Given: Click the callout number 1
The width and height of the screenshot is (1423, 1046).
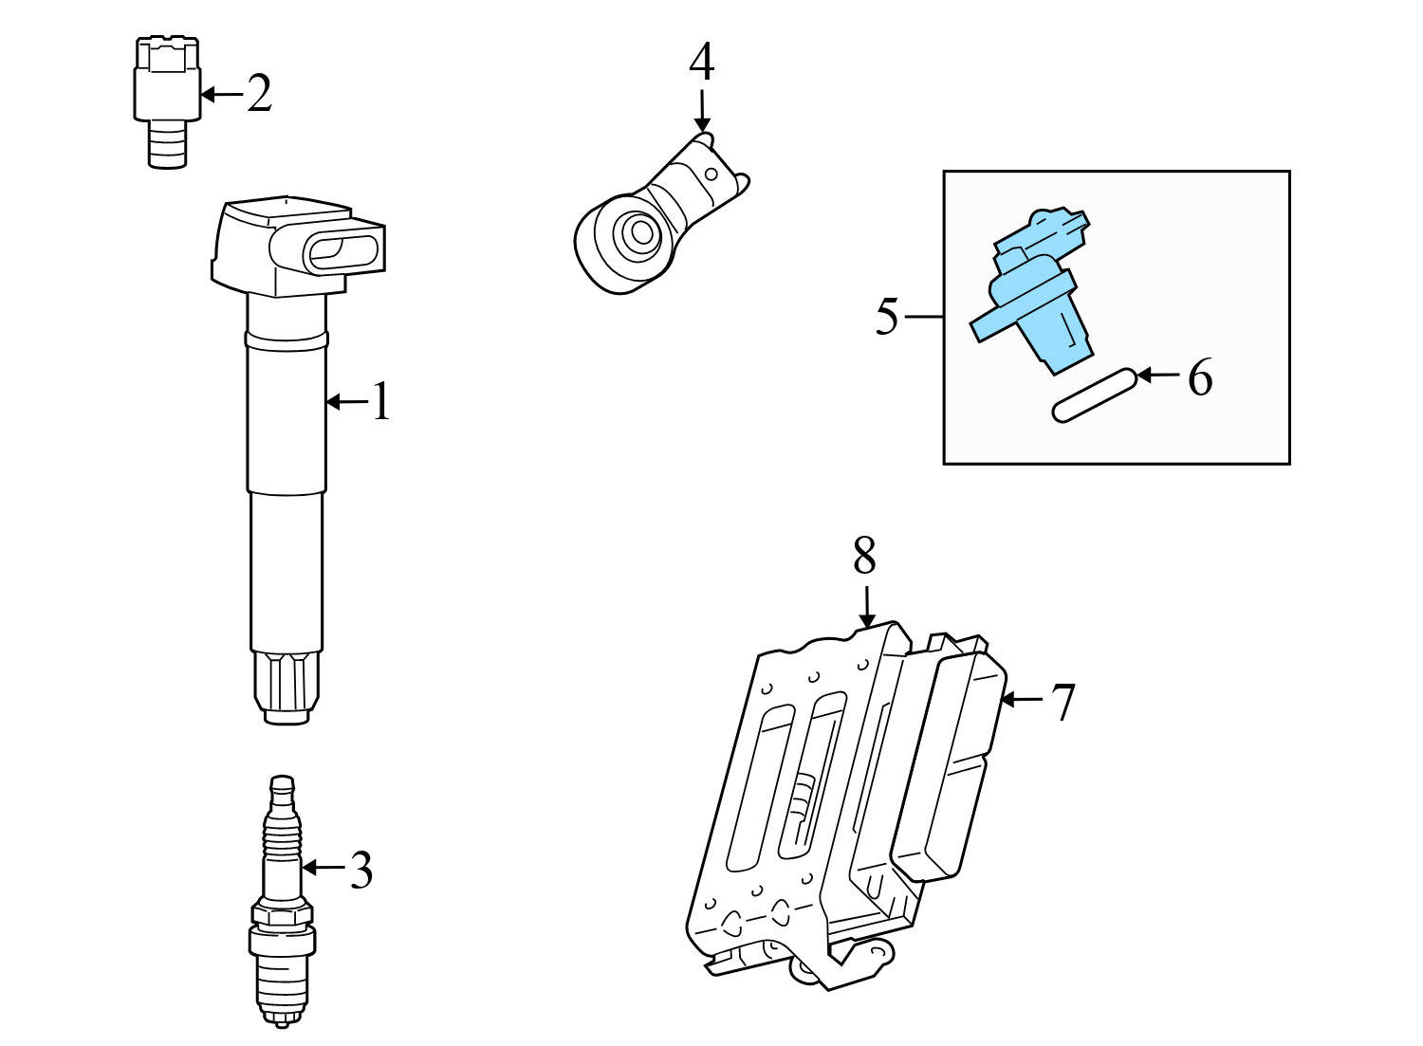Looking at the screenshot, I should coord(380,402).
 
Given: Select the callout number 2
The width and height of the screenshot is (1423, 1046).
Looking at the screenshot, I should coord(259,94).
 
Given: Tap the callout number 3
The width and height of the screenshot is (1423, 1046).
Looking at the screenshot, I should coord(360,869).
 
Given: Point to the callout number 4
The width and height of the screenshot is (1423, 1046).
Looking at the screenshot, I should coord(701,63).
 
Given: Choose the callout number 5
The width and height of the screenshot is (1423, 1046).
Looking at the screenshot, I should coord(886,316).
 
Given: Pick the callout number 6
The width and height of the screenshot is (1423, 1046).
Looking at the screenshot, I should coord(1200,377).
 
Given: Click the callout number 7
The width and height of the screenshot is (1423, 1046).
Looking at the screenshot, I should coord(1063,702).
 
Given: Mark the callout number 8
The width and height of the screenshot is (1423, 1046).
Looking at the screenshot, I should coord(864,557).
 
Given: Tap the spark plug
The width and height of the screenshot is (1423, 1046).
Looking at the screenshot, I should coord(281,901).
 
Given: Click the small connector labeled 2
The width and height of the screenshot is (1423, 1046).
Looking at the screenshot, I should coord(167,100).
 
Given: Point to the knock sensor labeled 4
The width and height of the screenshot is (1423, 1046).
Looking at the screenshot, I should coord(655,218).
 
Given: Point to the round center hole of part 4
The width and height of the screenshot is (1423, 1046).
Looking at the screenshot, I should coord(634,231).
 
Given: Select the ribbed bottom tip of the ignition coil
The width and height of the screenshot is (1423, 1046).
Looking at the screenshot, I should coord(286,688).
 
